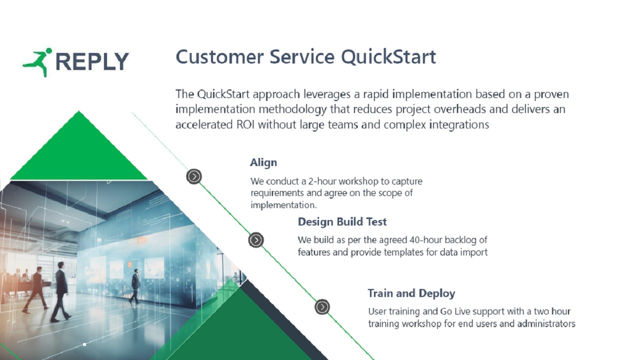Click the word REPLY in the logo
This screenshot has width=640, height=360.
coord(92,61)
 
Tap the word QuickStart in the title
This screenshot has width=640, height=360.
coord(388,57)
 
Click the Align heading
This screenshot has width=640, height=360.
coord(263,162)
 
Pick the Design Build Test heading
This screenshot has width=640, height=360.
coord(342,221)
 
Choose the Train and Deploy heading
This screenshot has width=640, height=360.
coord(411,293)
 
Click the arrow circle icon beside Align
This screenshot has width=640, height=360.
coord(194,176)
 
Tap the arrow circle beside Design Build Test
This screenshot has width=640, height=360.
coord(256,240)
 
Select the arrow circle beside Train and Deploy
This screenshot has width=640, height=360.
coord(322,307)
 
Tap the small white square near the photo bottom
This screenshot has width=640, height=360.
coord(84,344)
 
